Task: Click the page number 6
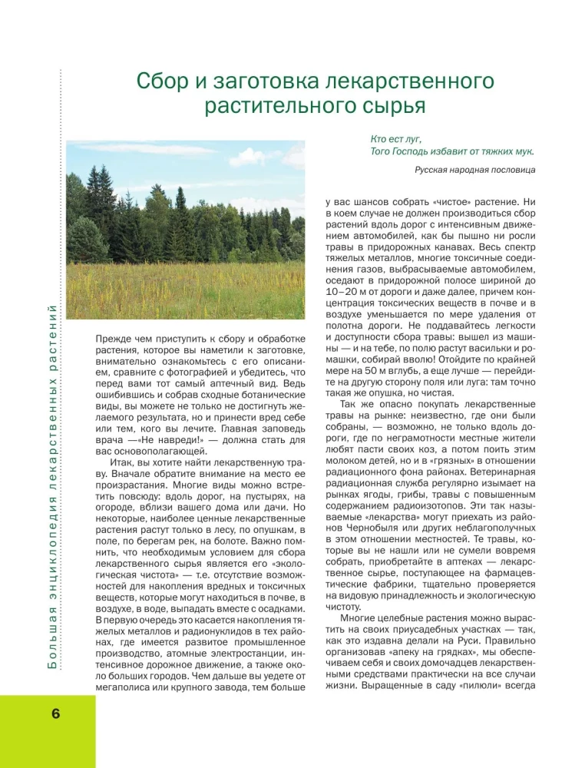55,712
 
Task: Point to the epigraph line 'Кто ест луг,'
394,139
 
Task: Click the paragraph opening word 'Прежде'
113,339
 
